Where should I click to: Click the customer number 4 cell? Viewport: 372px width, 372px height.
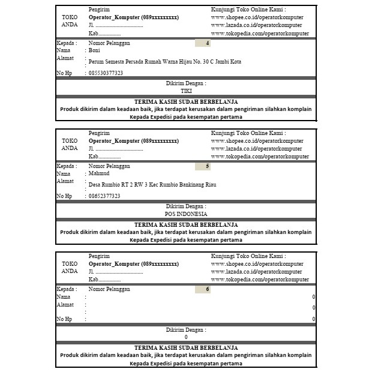point(203,43)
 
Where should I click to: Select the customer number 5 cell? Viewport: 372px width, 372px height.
point(203,166)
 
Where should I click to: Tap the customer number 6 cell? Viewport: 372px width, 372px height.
point(203,289)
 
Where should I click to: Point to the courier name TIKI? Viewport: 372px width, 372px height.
point(186,91)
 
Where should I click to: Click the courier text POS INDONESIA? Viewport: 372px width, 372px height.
point(186,214)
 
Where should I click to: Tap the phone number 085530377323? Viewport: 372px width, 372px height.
point(106,73)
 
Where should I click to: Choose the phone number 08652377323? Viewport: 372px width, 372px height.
point(104,196)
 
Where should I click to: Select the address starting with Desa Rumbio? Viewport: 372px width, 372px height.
point(152,185)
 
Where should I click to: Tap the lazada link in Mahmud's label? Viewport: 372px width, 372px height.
point(256,148)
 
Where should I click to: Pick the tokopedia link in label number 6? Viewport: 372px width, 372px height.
point(260,280)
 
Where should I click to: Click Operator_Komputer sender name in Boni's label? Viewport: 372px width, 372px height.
point(133,18)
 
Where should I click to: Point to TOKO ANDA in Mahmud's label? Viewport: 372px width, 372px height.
point(70,144)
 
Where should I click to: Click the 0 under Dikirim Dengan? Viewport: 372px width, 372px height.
point(186,337)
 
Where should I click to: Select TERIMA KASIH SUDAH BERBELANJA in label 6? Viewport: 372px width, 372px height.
point(186,347)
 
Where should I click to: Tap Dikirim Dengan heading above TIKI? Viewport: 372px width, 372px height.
point(186,83)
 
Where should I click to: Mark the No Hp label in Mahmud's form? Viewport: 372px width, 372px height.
point(64,196)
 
